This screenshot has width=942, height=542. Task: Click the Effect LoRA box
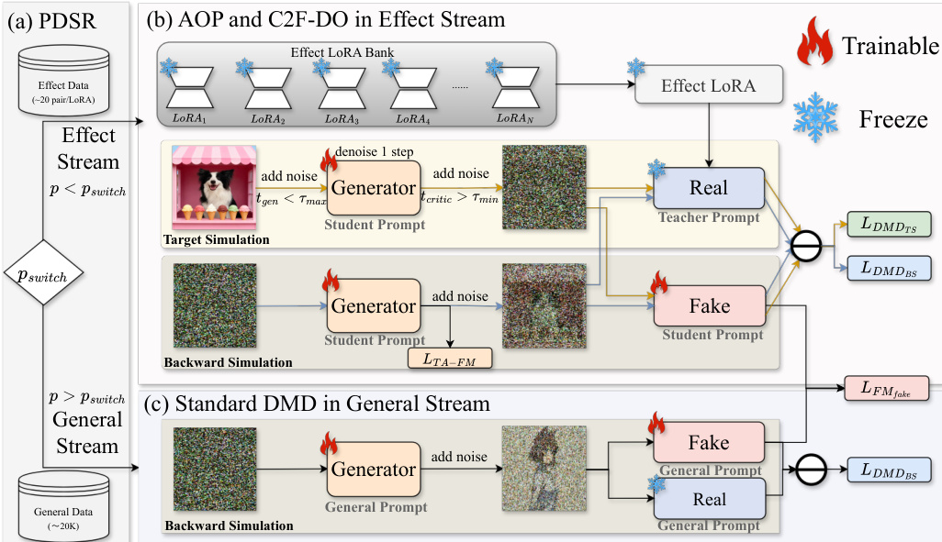(709, 84)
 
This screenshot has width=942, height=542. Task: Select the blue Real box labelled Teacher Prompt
(709, 188)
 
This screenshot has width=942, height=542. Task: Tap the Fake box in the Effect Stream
(710, 306)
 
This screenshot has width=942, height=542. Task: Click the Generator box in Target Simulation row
(374, 188)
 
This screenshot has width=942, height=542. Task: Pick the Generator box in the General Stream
(374, 469)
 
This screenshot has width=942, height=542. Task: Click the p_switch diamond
(43, 272)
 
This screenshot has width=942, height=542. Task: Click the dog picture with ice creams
(215, 187)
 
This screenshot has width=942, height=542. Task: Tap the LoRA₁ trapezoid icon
(190, 88)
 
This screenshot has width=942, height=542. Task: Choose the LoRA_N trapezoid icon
(515, 88)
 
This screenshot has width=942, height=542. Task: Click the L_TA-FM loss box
(450, 359)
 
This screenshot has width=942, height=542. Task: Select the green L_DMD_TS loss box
(889, 224)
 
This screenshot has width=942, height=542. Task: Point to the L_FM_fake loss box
(887, 388)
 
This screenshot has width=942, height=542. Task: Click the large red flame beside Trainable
(814, 41)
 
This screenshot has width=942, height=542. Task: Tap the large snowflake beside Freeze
(815, 117)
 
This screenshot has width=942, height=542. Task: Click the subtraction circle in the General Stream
(811, 470)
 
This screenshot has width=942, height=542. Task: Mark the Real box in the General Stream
(710, 499)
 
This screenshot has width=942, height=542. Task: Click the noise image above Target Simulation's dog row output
(544, 187)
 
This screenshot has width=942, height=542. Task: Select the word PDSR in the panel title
(67, 21)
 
